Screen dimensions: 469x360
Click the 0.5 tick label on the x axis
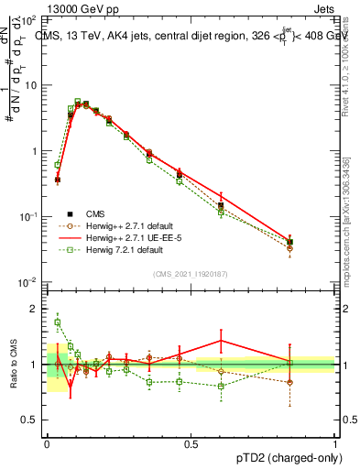click(191, 443)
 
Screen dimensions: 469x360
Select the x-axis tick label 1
click(334, 443)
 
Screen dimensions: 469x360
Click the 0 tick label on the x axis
click(47, 443)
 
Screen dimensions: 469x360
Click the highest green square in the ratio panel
click(58, 322)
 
